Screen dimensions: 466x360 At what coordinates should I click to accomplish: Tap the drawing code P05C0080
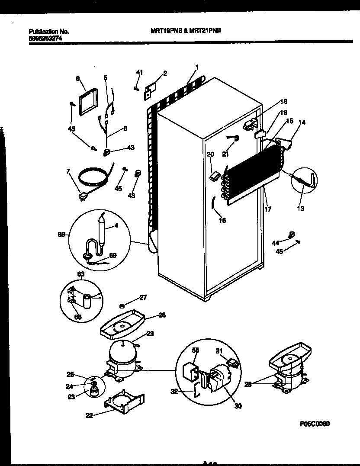coord(318,424)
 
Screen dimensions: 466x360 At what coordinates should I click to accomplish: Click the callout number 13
coord(300,209)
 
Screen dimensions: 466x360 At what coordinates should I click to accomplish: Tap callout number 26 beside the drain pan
coord(162,315)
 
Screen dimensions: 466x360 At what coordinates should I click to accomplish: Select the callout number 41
coord(139,72)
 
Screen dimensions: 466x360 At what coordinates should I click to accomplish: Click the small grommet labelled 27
coord(122,305)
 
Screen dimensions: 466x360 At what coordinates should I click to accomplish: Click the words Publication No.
coord(49,31)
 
